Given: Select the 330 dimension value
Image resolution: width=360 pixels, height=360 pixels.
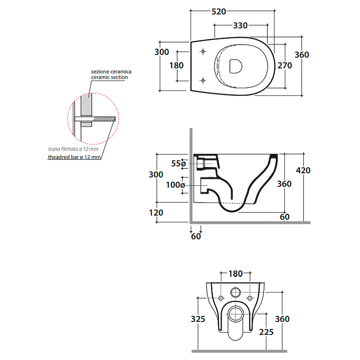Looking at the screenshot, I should coord(240,26).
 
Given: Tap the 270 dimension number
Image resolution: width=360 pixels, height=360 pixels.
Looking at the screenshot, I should coord(284,65).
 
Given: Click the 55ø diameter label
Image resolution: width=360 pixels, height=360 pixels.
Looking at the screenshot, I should coord(178,164).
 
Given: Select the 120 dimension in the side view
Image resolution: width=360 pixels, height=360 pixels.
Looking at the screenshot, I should coord(156,212).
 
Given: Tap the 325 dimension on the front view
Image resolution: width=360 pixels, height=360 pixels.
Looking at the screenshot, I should coord(198,319).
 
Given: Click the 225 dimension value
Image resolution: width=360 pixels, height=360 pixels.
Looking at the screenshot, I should coord(266,332).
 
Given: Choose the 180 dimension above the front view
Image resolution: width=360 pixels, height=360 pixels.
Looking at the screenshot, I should coord(235,273).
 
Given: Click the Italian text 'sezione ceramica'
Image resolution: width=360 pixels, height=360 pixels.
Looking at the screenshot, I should coord(111,72).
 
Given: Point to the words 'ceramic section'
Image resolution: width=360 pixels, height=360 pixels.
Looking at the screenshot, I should coord(109,77).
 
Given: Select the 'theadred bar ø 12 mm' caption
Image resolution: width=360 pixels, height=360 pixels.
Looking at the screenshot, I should coord(74,157).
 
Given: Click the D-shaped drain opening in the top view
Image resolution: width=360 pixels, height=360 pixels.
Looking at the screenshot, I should coord(235,66).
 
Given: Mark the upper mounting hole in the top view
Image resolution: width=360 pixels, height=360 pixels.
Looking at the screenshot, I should coord(202,52).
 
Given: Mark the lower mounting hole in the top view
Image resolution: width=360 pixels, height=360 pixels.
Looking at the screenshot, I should coord(202,81).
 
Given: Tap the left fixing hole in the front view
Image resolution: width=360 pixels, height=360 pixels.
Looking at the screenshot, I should coord(220,298).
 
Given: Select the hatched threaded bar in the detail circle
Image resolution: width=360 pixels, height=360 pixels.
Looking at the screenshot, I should coord(104,119).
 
